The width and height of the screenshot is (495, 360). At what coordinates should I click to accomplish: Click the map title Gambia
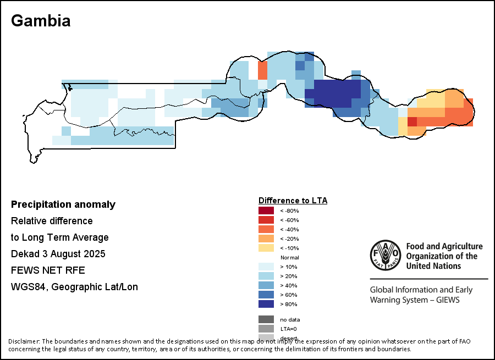[x=41, y=21]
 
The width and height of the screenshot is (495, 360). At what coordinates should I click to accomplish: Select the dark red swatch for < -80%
[x=266, y=211]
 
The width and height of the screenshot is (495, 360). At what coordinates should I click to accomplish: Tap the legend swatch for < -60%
[x=266, y=220]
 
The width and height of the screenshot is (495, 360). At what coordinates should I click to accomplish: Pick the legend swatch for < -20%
[x=266, y=239]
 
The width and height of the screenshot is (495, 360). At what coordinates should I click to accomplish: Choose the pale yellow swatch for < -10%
[x=266, y=248]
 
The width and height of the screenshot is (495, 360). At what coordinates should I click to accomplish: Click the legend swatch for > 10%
[x=266, y=267]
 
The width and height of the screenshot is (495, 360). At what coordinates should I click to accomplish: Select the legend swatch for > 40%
[x=266, y=285]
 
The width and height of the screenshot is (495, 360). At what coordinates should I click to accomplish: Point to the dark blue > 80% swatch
[x=266, y=304]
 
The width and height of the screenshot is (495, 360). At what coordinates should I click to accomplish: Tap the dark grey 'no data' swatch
[x=266, y=319]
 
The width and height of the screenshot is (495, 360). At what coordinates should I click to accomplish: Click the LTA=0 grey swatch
[x=266, y=329]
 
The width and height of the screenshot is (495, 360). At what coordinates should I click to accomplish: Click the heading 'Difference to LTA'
[x=293, y=201]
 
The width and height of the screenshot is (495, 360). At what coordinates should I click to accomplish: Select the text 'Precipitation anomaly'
[x=63, y=204]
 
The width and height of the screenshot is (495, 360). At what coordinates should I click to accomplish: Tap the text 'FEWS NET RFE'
[x=48, y=270]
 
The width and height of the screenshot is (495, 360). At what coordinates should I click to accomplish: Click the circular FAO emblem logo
[x=384, y=256]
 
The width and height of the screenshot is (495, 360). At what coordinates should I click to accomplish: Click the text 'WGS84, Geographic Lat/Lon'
[x=74, y=287]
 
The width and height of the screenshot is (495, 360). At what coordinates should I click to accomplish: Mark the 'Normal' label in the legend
[x=289, y=258]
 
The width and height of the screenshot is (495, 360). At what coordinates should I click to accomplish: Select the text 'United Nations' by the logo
[x=433, y=266]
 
